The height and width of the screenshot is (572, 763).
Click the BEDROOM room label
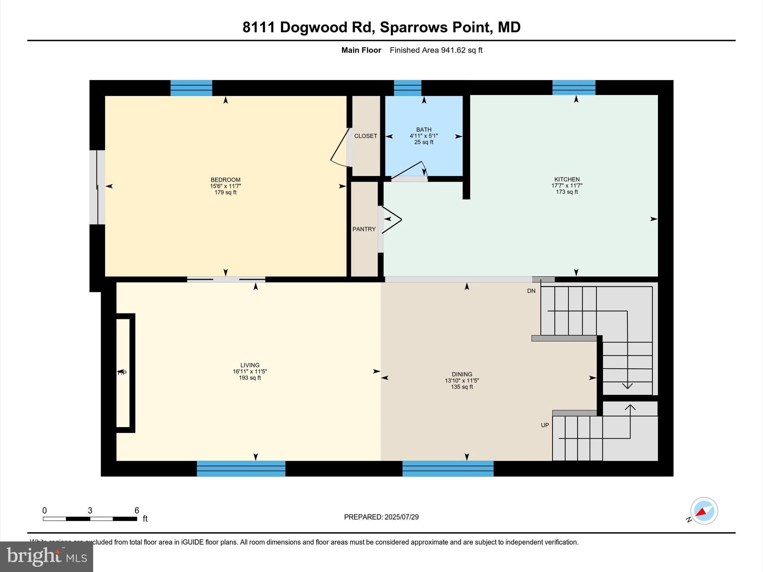[x=225, y=180]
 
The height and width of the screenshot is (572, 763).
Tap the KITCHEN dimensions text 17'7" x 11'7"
[x=567, y=185]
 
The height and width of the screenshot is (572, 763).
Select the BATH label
[x=424, y=130]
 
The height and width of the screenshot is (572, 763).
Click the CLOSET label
[x=365, y=136]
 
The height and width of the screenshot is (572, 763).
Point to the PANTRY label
[x=364, y=229]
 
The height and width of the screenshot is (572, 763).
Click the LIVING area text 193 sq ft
[x=250, y=378]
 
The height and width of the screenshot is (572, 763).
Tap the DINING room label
[x=462, y=374]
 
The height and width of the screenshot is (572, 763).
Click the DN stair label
[x=531, y=291]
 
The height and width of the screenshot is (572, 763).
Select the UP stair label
[x=545, y=425]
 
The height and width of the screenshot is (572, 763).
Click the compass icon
[x=704, y=511]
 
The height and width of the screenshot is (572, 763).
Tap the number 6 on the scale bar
[x=136, y=511]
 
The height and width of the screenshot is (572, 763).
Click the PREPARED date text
[x=381, y=517]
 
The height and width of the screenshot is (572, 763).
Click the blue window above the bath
[x=408, y=88]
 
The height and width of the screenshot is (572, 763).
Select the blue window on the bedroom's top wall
[x=191, y=88]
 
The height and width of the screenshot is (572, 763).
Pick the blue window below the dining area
[x=448, y=468]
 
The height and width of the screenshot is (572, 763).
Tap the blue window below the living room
[x=241, y=468]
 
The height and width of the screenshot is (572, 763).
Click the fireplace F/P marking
[x=122, y=373]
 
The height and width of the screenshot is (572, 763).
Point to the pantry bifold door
[x=390, y=220]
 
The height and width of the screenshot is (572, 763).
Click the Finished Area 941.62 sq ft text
[x=436, y=50]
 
